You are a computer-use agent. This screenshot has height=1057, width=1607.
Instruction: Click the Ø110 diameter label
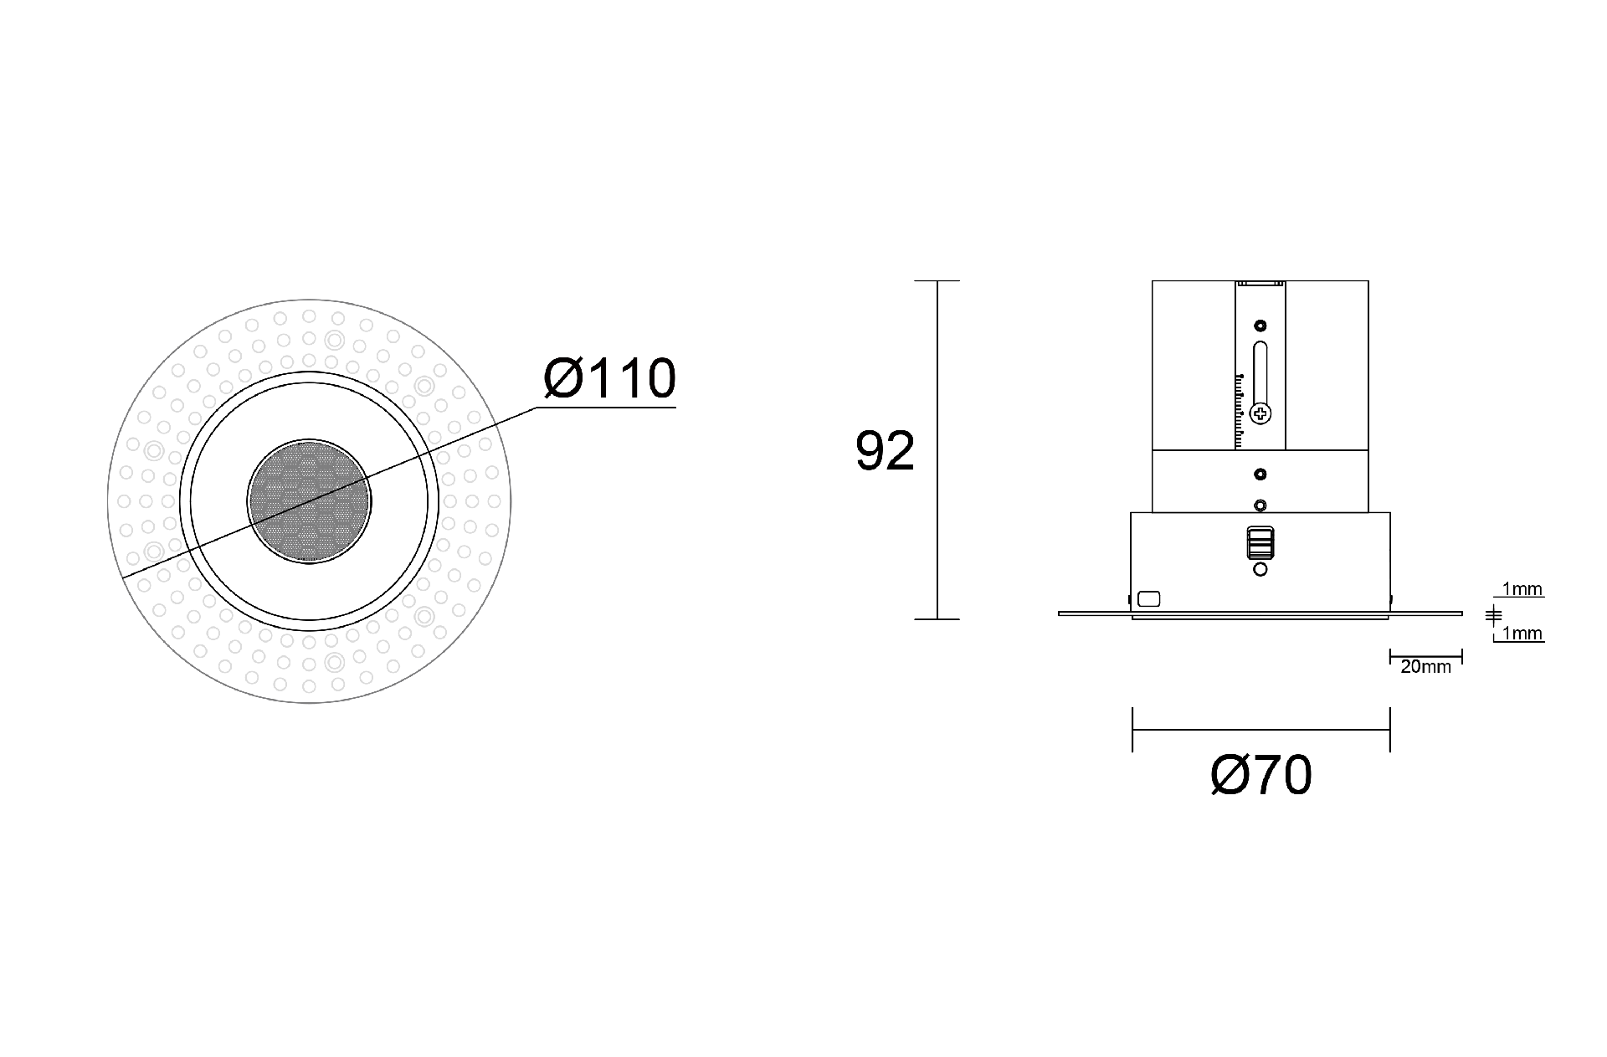pos(609,379)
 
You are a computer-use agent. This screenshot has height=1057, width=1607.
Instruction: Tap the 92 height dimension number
pos(885,452)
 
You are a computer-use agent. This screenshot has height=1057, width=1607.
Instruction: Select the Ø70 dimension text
pos(1260,776)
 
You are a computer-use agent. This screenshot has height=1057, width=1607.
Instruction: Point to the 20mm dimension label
pos(1425,667)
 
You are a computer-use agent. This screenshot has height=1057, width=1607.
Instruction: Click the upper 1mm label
pos(1522,589)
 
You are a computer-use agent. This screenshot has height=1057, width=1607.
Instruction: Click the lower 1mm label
pos(1522,634)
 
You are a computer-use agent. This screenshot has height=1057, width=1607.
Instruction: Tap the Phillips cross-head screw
pos(1260,413)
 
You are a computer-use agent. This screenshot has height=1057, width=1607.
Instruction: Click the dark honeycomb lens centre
pos(309,500)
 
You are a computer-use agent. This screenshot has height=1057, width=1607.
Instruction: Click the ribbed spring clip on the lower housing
pos(1260,542)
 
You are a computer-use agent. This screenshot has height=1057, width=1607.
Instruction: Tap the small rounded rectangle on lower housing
pos(1149,598)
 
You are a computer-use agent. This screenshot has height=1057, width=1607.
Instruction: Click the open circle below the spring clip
pos(1260,570)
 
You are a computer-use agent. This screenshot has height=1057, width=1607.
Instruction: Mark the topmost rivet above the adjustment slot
pos(1260,326)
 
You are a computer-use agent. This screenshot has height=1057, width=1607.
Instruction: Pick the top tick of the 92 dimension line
pos(937,281)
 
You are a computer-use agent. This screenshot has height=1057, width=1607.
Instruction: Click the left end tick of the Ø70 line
pos(1132,730)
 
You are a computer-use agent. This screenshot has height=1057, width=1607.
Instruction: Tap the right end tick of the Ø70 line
pos(1389,730)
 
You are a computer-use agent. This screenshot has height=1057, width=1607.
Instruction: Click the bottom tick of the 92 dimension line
pos(937,619)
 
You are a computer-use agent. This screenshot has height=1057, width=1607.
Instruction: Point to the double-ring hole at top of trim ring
pos(334,340)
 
